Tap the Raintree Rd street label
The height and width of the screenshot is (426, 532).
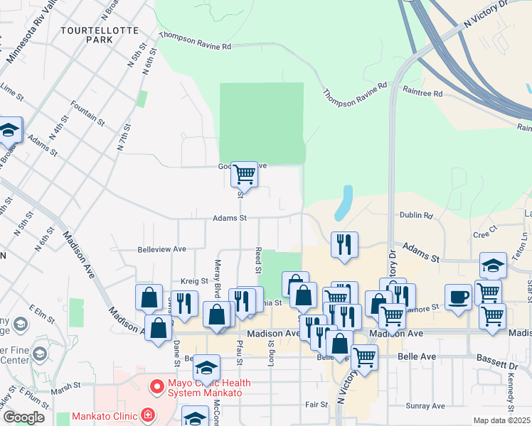[422, 93]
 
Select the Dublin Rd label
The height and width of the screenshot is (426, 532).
[417, 215]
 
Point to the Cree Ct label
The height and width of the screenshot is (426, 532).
[484, 234]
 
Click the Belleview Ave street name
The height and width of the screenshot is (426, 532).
[161, 249]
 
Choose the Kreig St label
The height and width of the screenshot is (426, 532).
[193, 281]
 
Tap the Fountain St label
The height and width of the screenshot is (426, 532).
[87, 113]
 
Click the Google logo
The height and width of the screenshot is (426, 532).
[23, 417]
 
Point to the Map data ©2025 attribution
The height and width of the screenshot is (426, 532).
[501, 420]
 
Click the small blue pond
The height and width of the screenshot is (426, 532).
[344, 202]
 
